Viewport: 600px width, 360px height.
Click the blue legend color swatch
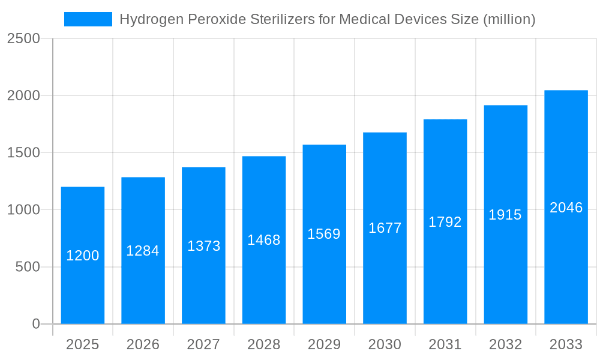click(x=88, y=19)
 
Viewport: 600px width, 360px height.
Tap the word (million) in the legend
click(x=509, y=19)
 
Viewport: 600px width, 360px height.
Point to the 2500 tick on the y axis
click(x=23, y=39)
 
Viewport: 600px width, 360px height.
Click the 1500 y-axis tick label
click(x=23, y=153)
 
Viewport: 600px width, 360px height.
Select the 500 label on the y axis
click(x=28, y=267)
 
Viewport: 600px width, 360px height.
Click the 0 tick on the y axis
click(x=35, y=324)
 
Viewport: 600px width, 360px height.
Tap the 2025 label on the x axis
click(x=82, y=344)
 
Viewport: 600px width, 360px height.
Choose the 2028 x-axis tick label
click(x=264, y=344)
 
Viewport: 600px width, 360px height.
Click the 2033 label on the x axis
click(x=566, y=344)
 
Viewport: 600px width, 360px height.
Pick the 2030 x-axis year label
click(x=385, y=344)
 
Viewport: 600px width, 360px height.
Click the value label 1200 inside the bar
click(x=82, y=256)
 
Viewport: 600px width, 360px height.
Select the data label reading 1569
click(x=324, y=234)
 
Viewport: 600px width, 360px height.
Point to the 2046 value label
click(x=566, y=208)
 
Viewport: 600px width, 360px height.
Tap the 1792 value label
click(x=445, y=222)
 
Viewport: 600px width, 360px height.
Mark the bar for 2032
click(x=506, y=270)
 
